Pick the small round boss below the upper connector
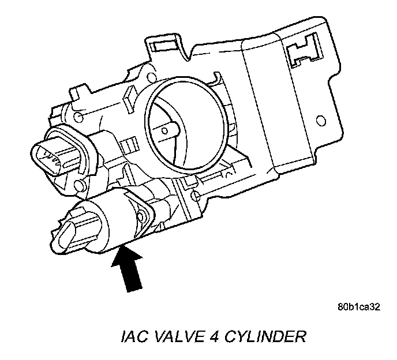click(80, 186)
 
